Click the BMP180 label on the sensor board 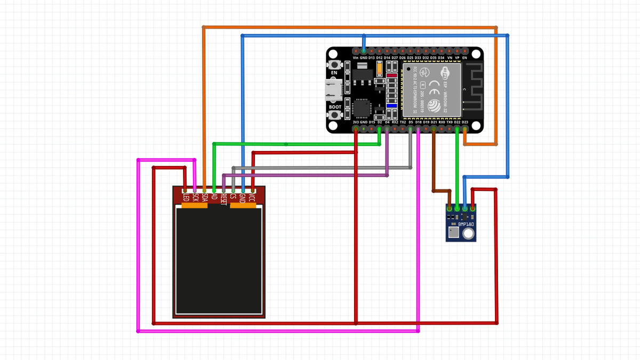coord(466,225)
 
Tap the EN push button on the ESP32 coord(334,65)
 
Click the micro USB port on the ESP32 coord(334,90)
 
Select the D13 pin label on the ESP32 coord(371,58)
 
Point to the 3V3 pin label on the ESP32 coord(356,123)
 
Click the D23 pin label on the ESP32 coord(465,123)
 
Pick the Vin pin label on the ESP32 coord(356,58)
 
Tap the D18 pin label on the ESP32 coord(418,123)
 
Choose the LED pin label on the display coord(185,197)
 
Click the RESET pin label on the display coord(224,199)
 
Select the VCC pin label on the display coord(253,197)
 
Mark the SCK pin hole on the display coord(195,190)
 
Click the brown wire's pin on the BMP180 coord(450,208)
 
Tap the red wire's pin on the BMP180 coord(473,208)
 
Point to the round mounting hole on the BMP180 coord(468,234)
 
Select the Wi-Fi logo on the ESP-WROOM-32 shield coord(446,71)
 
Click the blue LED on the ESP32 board coord(392,106)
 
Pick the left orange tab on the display coord(194,205)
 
